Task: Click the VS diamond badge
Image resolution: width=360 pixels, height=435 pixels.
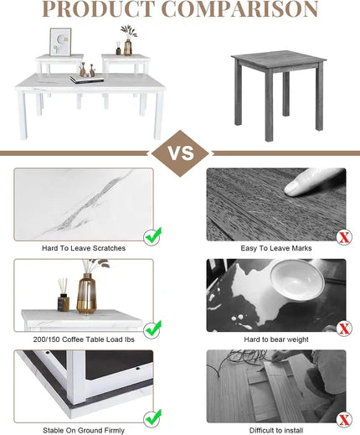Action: coord(180,153)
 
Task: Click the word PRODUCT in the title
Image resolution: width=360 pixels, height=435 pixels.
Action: coord(99,9)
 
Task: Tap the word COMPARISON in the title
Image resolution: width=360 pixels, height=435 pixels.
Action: coord(240,9)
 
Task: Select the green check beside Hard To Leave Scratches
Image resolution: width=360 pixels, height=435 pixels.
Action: coord(152,236)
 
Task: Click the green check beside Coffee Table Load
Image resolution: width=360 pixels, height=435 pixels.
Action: coord(152,329)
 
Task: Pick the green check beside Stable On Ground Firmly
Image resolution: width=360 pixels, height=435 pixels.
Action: coord(152,418)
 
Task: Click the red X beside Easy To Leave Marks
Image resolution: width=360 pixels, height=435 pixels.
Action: coord(344,237)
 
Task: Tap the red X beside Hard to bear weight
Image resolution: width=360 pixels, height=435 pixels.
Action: coord(344,329)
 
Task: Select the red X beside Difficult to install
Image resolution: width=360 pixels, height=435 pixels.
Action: coord(344,419)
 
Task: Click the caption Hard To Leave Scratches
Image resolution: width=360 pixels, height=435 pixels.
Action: coord(84,248)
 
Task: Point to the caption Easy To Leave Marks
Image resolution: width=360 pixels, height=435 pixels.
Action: coord(276,248)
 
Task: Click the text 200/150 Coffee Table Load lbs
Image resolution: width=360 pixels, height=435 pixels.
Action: coord(84,339)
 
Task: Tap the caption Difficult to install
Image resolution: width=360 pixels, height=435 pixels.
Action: coord(276,430)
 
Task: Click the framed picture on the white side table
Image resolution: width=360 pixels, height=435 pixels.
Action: coord(60,42)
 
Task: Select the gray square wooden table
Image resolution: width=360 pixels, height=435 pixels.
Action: coord(279,95)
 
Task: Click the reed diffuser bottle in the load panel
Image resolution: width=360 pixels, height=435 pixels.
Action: coord(64,298)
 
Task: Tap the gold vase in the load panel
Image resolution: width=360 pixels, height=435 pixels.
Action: coord(86,293)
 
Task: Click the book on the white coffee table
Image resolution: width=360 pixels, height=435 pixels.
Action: coord(87,79)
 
